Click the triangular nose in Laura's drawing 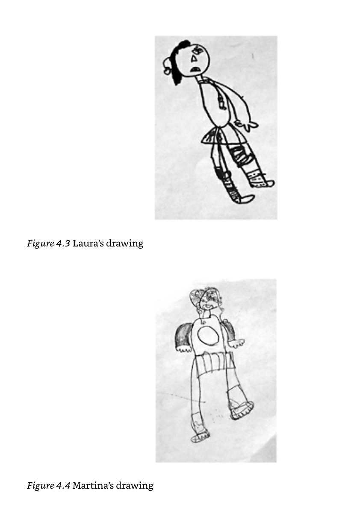pyautogui.click(x=193, y=59)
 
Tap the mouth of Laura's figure pyautogui.click(x=195, y=69)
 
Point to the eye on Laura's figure pyautogui.click(x=196, y=50)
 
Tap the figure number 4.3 pyautogui.click(x=63, y=243)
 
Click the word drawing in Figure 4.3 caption pyautogui.click(x=124, y=244)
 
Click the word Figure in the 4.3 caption pyautogui.click(x=40, y=244)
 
